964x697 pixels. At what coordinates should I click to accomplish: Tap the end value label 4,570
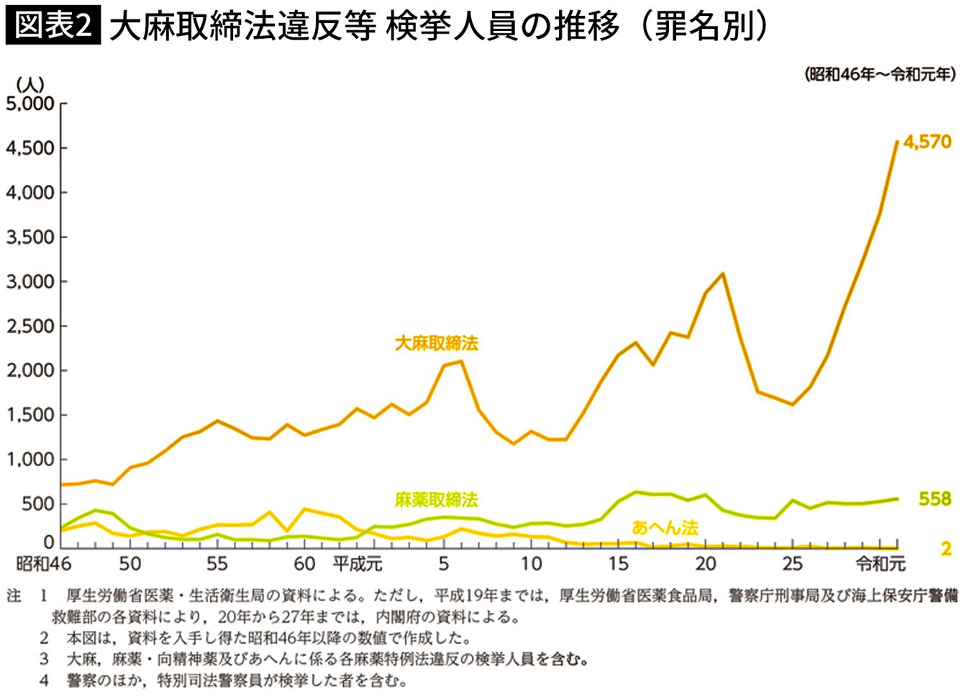pos(927,142)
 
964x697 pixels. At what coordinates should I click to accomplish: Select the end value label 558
pos(935,498)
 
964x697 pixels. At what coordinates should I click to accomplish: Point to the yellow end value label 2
pos(946,549)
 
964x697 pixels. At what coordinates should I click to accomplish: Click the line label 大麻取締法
pos(436,343)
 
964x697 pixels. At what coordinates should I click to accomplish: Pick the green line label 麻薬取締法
pos(436,500)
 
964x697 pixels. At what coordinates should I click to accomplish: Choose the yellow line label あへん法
pos(665,528)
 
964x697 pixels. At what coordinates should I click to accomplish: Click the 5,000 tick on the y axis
pos(30,104)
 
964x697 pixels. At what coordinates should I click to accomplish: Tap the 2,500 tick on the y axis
pos(30,326)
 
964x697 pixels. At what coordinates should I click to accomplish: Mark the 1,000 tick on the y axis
pos(30,459)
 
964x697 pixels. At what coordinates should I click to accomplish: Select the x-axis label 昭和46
pos(44,563)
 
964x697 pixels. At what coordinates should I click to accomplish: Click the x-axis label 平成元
pos(358,563)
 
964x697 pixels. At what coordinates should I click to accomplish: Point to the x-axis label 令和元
pos(881,563)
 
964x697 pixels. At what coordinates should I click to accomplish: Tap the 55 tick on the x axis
pos(217,563)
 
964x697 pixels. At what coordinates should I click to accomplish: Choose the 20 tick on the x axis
pos(705,563)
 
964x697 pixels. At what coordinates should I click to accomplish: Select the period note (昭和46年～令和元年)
pos(880,74)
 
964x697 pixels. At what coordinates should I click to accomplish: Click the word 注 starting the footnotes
pos(14,596)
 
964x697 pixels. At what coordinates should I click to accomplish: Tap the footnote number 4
pos(45,680)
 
